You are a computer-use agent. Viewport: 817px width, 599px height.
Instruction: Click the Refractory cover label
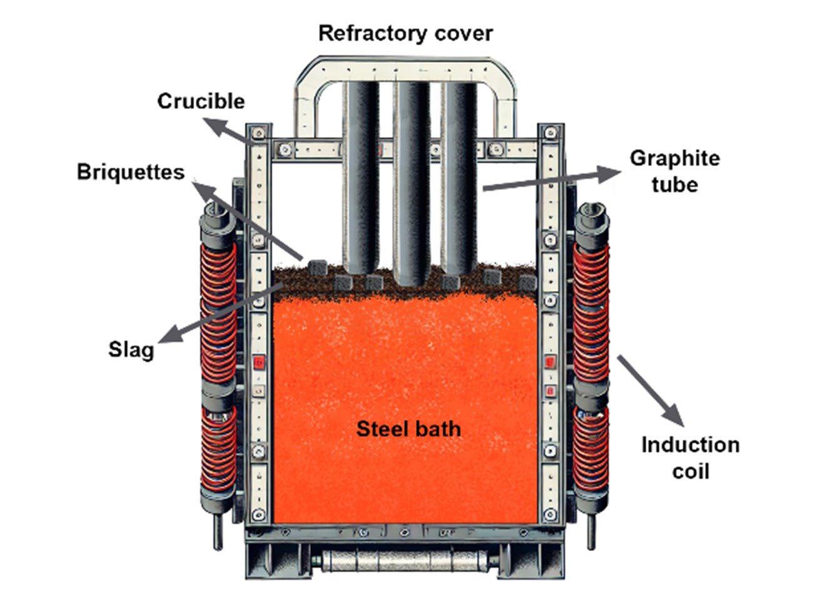pyautogui.click(x=405, y=33)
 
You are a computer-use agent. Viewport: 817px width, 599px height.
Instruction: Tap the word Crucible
pyautogui.click(x=201, y=101)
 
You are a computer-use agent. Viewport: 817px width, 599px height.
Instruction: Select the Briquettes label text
pyautogui.click(x=131, y=172)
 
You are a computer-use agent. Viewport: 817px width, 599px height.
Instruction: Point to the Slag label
pyautogui.click(x=131, y=349)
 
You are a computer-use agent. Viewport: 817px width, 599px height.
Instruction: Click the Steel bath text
pyautogui.click(x=408, y=429)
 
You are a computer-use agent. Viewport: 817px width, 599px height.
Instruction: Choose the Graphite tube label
pyautogui.click(x=674, y=171)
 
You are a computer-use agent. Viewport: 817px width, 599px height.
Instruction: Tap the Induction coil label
pyautogui.click(x=690, y=458)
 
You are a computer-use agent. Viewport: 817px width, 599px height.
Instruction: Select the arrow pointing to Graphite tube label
pyautogui.click(x=551, y=180)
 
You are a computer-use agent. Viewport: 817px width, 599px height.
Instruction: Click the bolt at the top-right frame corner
pyautogui.click(x=551, y=133)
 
